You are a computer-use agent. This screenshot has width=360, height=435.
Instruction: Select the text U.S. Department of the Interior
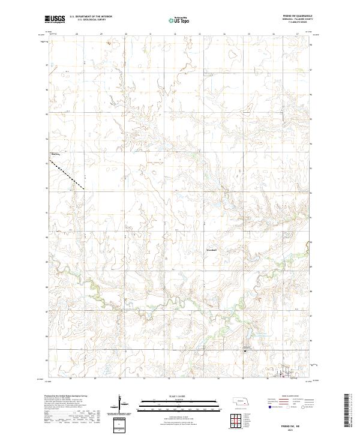click(x=91, y=17)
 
